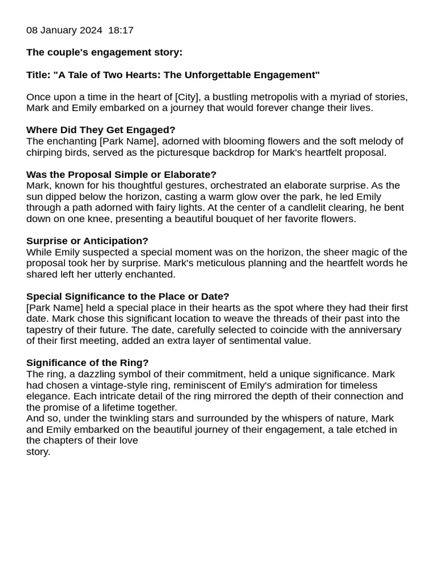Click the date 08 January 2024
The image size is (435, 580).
pos(64,31)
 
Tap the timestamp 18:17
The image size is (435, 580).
pos(120,31)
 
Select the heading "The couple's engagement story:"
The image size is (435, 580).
pos(104,53)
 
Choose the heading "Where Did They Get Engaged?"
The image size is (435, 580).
pos(101,130)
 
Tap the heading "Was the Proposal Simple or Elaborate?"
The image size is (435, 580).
pos(121,174)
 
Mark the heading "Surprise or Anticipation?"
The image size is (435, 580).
pos(87,241)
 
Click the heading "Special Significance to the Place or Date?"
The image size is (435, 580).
pos(127,296)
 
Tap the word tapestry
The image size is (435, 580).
pos(46,330)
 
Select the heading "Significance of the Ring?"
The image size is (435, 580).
pos(87,362)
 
